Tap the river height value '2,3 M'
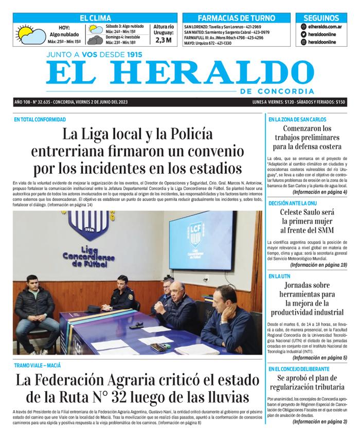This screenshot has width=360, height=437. [x=163, y=40]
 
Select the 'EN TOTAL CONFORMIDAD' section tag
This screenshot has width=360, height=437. [x=40, y=120]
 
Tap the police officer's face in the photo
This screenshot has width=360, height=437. [x=122, y=283]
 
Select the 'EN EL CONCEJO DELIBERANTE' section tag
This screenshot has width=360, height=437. [x=300, y=369]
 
